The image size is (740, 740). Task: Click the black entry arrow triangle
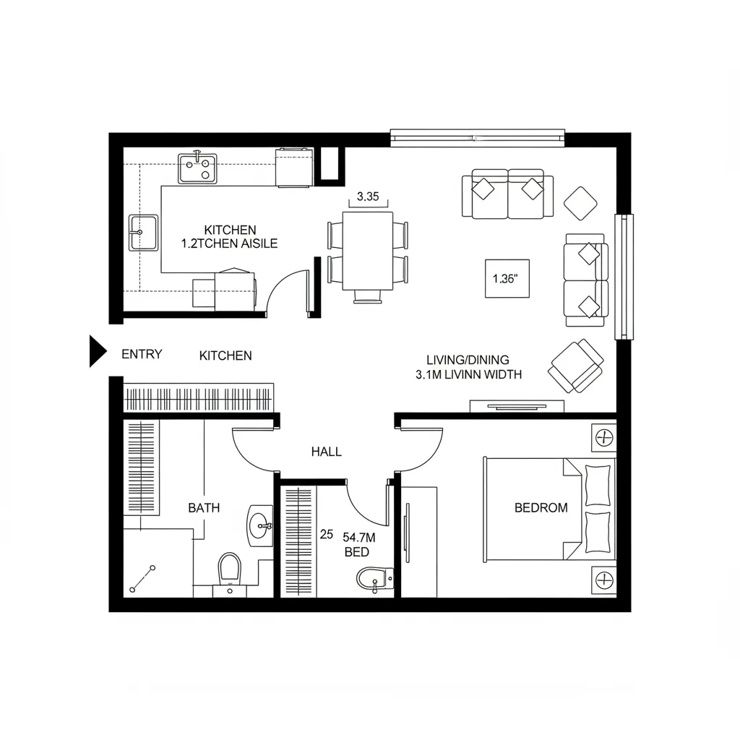pos(97,351)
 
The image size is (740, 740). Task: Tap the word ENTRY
pos(142,354)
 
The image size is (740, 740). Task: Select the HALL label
pos(327,452)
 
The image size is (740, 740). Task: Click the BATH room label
pos(204,508)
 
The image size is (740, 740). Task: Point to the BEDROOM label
pos(541,508)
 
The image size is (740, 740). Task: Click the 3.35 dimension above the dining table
pos(368,196)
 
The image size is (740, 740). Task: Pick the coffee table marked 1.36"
pos(507,278)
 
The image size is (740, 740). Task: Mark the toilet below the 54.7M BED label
pos(374,579)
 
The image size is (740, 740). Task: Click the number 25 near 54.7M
pos(327,535)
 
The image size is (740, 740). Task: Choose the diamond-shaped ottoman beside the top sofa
pos(580,203)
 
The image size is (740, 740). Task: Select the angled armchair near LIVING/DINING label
pos(577,366)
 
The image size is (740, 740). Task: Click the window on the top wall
pos(477,135)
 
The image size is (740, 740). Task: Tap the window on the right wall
pos(622,276)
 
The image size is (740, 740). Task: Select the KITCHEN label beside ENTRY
pos(225,356)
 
